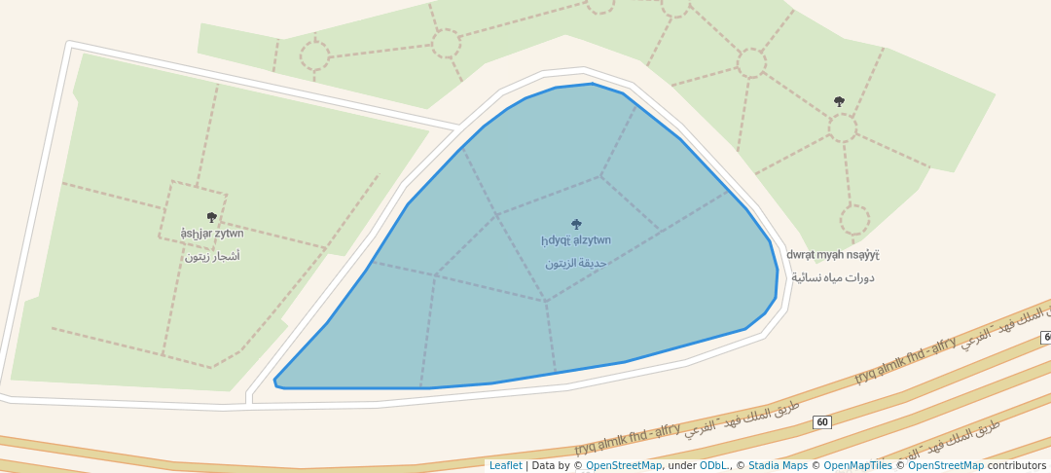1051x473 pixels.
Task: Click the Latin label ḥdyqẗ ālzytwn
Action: (576, 240)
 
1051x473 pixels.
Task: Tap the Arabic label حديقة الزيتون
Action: (576, 263)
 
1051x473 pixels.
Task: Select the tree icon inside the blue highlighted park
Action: (576, 224)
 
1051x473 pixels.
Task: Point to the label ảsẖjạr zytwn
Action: (212, 234)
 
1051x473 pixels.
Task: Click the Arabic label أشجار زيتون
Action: (212, 256)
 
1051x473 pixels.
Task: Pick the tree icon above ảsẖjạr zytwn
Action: (212, 217)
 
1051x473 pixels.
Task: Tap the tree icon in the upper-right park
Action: (839, 101)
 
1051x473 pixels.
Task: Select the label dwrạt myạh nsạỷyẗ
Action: (832, 255)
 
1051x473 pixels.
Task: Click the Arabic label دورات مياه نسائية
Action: (832, 277)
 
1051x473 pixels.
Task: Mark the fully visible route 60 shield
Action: (822, 421)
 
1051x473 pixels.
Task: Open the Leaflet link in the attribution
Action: (505, 465)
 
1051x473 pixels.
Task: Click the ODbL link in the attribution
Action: (713, 465)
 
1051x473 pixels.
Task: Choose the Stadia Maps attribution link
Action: (779, 465)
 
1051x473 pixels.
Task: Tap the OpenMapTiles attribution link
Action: (859, 465)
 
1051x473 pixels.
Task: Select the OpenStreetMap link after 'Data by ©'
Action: (624, 465)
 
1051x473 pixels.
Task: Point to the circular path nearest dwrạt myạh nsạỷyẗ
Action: (854, 220)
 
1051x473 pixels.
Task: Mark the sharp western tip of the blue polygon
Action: (275, 382)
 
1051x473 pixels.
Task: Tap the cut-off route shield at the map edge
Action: (1046, 337)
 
